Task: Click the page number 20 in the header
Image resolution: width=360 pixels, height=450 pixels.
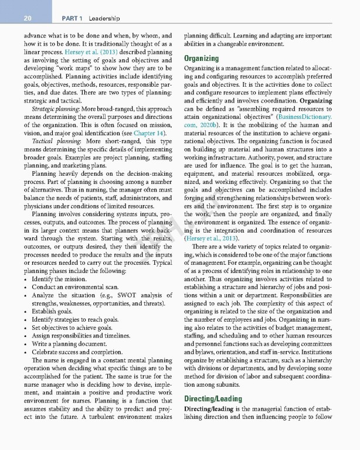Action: pyautogui.click(x=26, y=19)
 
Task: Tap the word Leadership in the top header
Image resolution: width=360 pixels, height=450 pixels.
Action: pyautogui.click(x=99, y=19)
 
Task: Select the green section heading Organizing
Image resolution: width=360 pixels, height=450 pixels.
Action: pyautogui.click(x=202, y=59)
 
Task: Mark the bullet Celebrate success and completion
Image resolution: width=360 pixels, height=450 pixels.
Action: pyautogui.click(x=75, y=353)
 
